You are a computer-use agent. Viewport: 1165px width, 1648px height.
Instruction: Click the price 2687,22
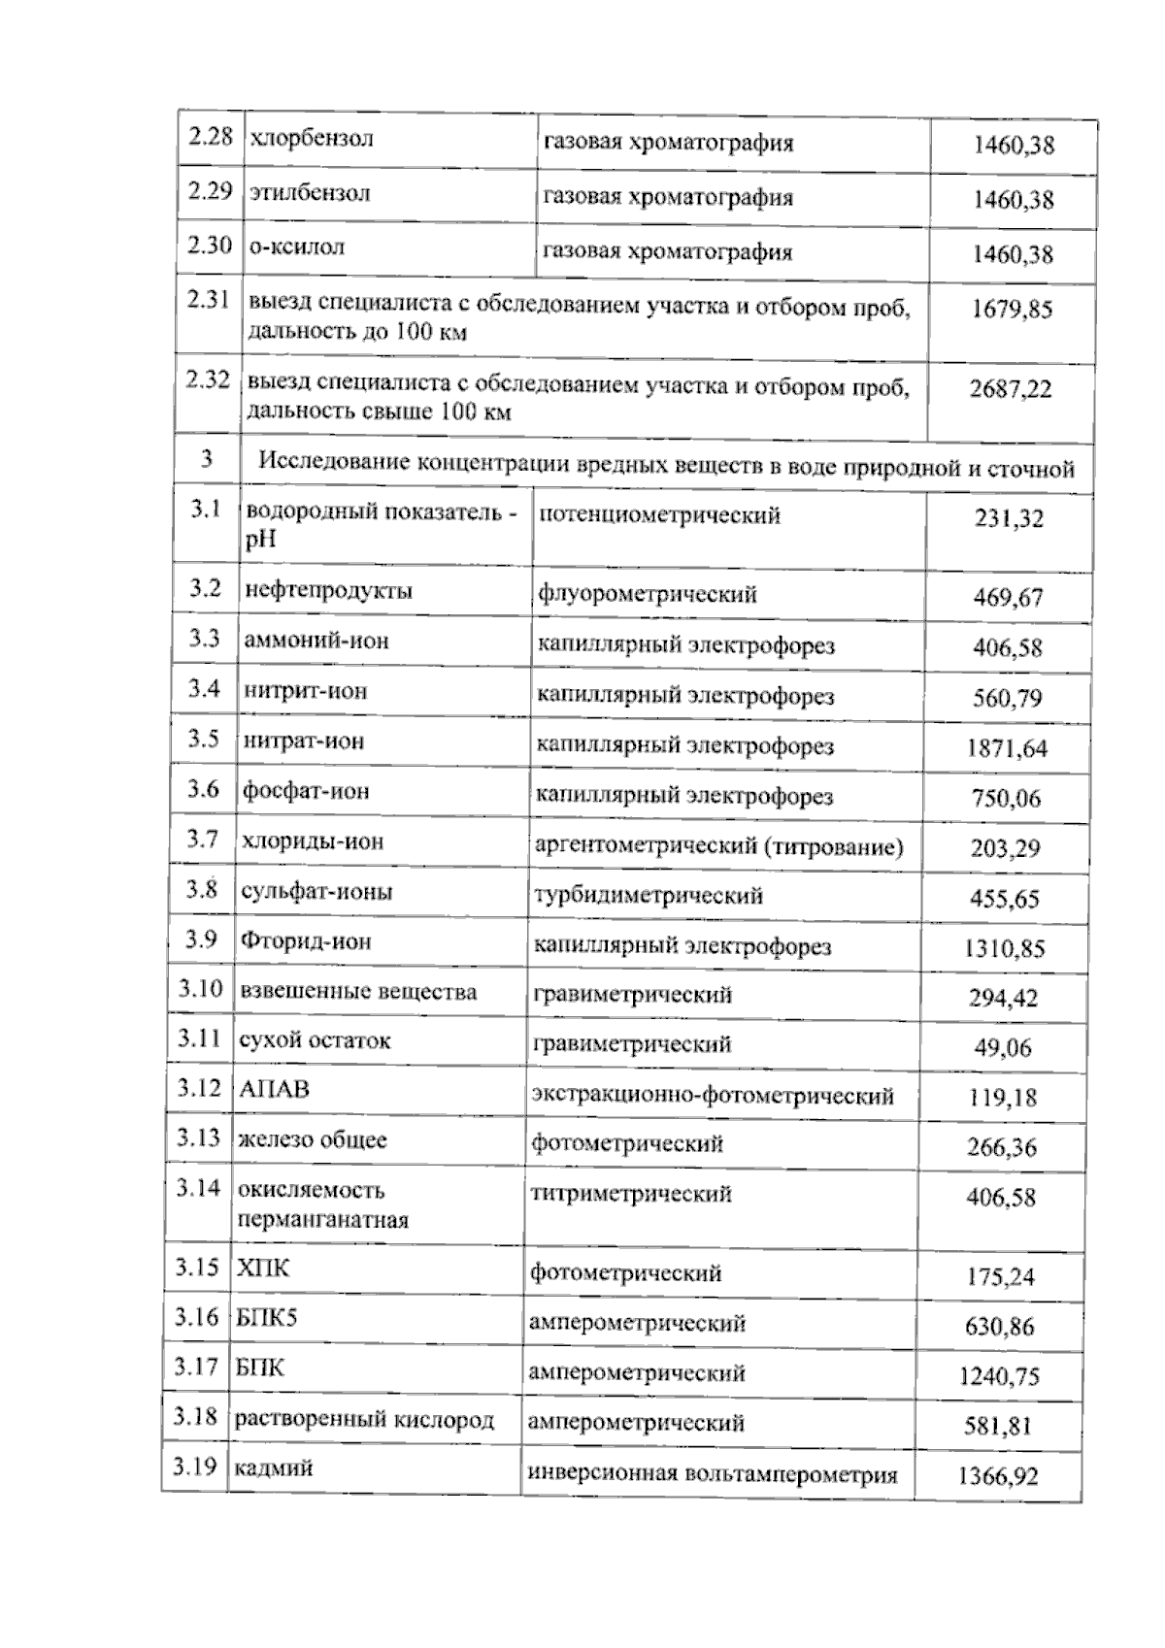pos(1010,389)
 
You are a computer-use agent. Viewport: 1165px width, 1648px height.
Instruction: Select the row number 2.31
pos(208,300)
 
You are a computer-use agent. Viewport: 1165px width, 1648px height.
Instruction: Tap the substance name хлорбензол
pos(312,138)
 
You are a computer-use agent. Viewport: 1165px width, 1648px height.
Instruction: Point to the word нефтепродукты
pos(328,591)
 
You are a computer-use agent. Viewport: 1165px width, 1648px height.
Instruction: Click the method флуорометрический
pos(646,594)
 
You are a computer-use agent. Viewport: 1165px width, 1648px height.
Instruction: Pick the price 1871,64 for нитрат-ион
pos(1007,748)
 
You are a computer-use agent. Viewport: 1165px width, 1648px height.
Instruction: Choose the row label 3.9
pos(203,939)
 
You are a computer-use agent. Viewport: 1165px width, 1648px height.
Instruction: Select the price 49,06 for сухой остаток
pos(1004,1048)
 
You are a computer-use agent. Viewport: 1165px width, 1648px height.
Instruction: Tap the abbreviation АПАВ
pos(274,1090)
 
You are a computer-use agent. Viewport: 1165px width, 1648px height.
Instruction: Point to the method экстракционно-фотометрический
pos(712,1096)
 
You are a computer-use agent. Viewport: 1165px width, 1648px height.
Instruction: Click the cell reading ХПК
pos(263,1269)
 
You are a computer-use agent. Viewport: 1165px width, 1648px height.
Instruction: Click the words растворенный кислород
pos(364,1420)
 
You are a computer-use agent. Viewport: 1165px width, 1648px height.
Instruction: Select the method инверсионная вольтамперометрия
pos(712,1475)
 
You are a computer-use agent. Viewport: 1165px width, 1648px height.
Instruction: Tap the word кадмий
pos(272,1468)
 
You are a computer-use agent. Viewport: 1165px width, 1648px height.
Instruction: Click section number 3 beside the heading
pos(206,459)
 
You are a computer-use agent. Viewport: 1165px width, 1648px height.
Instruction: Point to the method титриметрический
pos(630,1195)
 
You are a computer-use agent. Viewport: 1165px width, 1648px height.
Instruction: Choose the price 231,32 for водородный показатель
pos(1009,519)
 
